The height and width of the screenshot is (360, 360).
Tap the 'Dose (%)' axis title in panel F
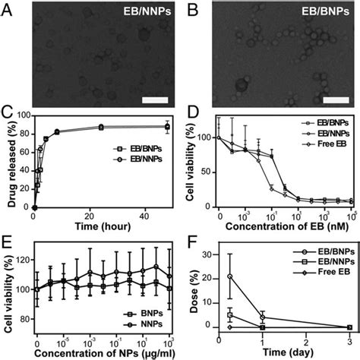[190, 289]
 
